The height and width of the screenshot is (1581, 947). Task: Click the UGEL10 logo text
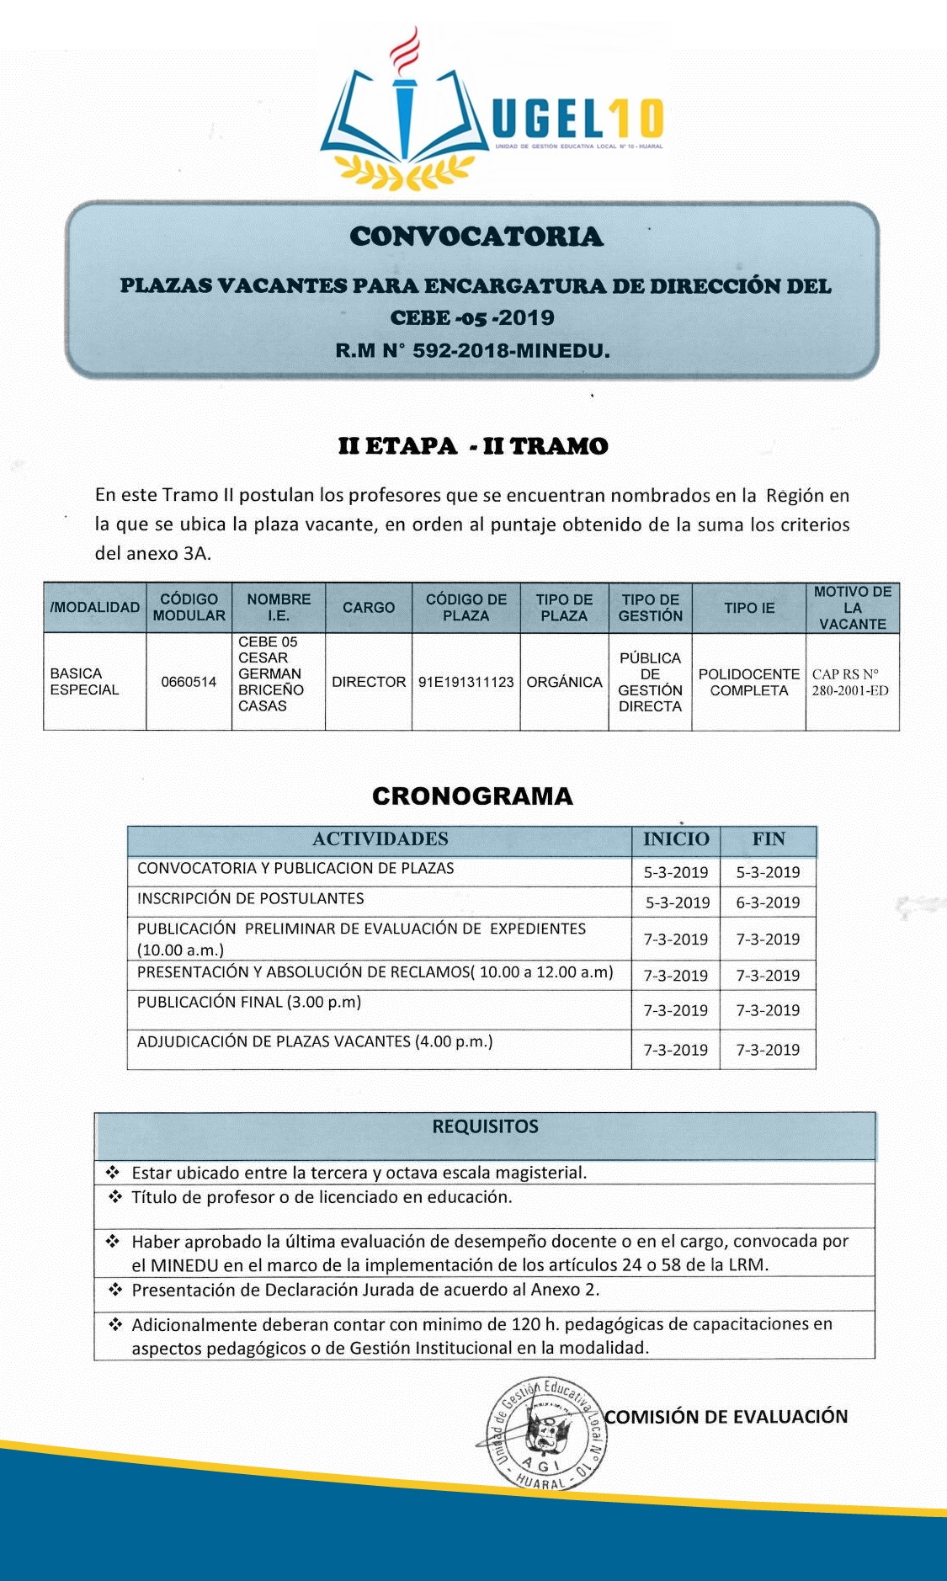[x=577, y=118]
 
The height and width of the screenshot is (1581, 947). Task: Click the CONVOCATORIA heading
[x=476, y=237]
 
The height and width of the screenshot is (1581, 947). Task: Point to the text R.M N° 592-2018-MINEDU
[x=472, y=350]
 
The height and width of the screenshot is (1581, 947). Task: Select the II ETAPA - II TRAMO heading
[x=472, y=446]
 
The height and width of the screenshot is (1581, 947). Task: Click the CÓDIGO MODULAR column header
[x=189, y=607]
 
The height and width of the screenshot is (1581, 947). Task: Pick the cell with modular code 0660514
[x=189, y=682]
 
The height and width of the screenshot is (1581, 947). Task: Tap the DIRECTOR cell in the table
[x=369, y=682]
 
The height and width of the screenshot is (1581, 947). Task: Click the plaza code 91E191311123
[x=466, y=682]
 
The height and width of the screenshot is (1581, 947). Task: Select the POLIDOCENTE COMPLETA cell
[x=748, y=682]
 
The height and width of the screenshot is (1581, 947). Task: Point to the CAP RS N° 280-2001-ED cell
[x=850, y=682]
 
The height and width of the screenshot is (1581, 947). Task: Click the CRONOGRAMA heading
[x=472, y=796]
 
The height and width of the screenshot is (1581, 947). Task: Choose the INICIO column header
[x=676, y=839]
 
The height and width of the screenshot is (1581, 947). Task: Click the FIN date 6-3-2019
[x=768, y=902]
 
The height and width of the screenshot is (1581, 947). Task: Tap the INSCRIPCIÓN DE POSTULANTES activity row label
[x=251, y=899]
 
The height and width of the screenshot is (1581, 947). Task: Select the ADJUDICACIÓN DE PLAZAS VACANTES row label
[x=315, y=1042]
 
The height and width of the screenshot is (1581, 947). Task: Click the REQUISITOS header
[x=485, y=1126]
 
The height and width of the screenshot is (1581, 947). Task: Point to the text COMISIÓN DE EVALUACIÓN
[x=726, y=1417]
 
